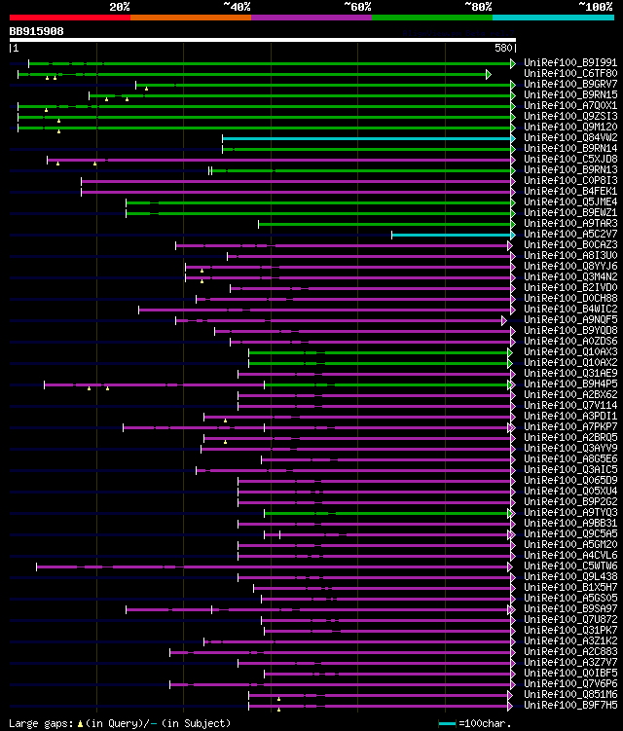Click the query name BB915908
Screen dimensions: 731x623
click(x=37, y=31)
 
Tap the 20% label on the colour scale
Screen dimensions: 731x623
click(x=120, y=7)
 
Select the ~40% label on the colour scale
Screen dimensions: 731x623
click(x=237, y=7)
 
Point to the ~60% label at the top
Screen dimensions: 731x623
click(x=357, y=7)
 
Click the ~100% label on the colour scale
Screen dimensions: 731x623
click(x=595, y=7)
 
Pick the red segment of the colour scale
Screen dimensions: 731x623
click(x=69, y=17)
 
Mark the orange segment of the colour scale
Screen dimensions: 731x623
click(x=190, y=17)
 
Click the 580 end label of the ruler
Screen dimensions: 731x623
click(x=504, y=48)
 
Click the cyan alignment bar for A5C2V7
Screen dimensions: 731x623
click(x=451, y=235)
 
